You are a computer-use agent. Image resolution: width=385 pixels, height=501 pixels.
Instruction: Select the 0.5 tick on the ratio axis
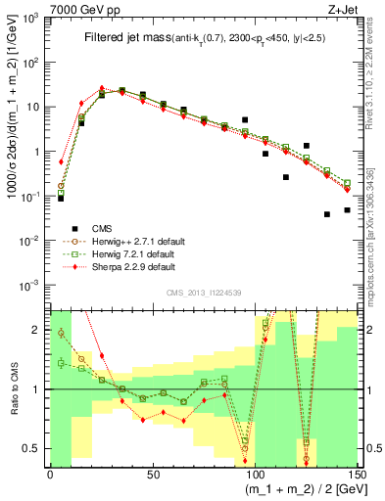pyautogui.click(x=36, y=449)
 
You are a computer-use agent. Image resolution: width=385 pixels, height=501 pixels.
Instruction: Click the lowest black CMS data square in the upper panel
pyautogui.click(x=327, y=213)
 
